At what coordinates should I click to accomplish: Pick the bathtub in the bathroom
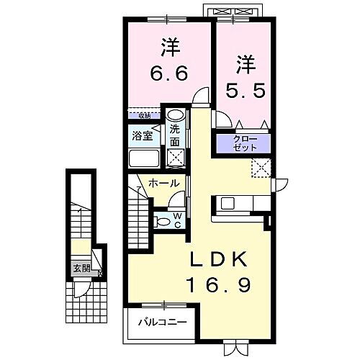143,158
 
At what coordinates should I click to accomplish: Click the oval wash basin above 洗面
174,115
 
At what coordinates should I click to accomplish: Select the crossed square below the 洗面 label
174,156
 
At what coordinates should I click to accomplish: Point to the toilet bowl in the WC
163,221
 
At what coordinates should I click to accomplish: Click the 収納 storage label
145,113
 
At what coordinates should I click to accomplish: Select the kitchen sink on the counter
226,204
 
